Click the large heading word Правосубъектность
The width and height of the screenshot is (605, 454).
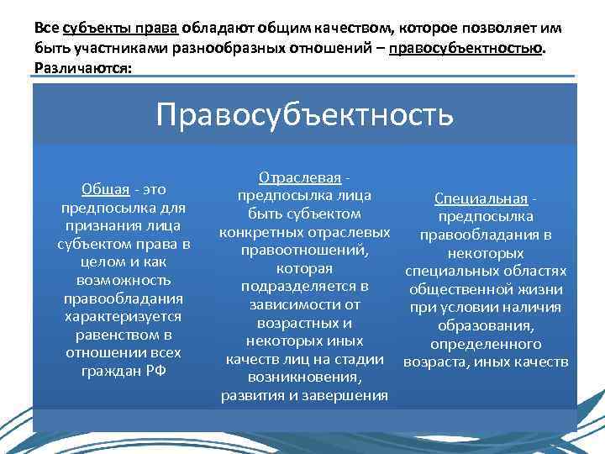304,113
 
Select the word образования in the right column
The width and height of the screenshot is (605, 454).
487,325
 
